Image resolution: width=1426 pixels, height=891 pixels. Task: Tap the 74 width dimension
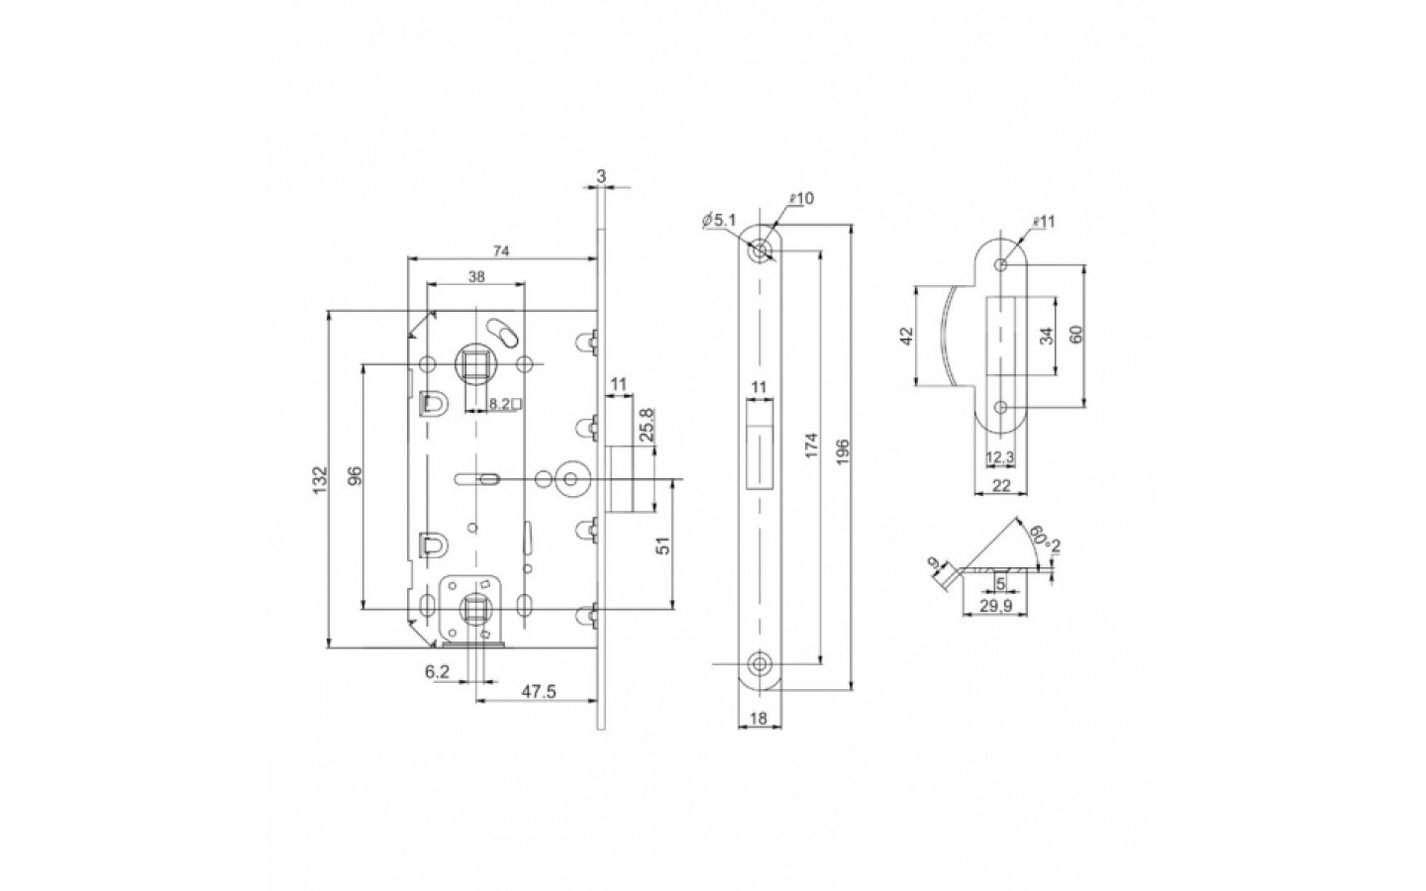click(x=501, y=251)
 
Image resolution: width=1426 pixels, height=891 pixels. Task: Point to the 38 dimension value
click(x=475, y=279)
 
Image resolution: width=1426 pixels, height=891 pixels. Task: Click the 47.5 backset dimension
click(x=537, y=693)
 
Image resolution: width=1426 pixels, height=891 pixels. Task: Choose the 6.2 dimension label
click(x=438, y=671)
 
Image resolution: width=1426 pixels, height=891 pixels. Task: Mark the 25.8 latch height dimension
click(x=646, y=424)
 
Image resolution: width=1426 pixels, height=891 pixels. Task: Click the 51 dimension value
click(x=664, y=544)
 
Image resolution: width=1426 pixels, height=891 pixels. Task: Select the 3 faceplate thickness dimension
click(x=601, y=175)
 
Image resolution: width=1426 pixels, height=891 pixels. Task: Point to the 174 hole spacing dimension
click(x=809, y=450)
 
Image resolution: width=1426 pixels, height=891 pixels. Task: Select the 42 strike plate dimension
click(x=905, y=338)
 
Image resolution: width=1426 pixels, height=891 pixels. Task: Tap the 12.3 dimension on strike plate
click(x=1000, y=458)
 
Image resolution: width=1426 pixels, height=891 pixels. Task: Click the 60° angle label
click(x=1037, y=540)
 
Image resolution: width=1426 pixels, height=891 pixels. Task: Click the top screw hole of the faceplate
click(x=760, y=251)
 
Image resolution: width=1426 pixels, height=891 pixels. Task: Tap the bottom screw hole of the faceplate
click(x=760, y=662)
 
